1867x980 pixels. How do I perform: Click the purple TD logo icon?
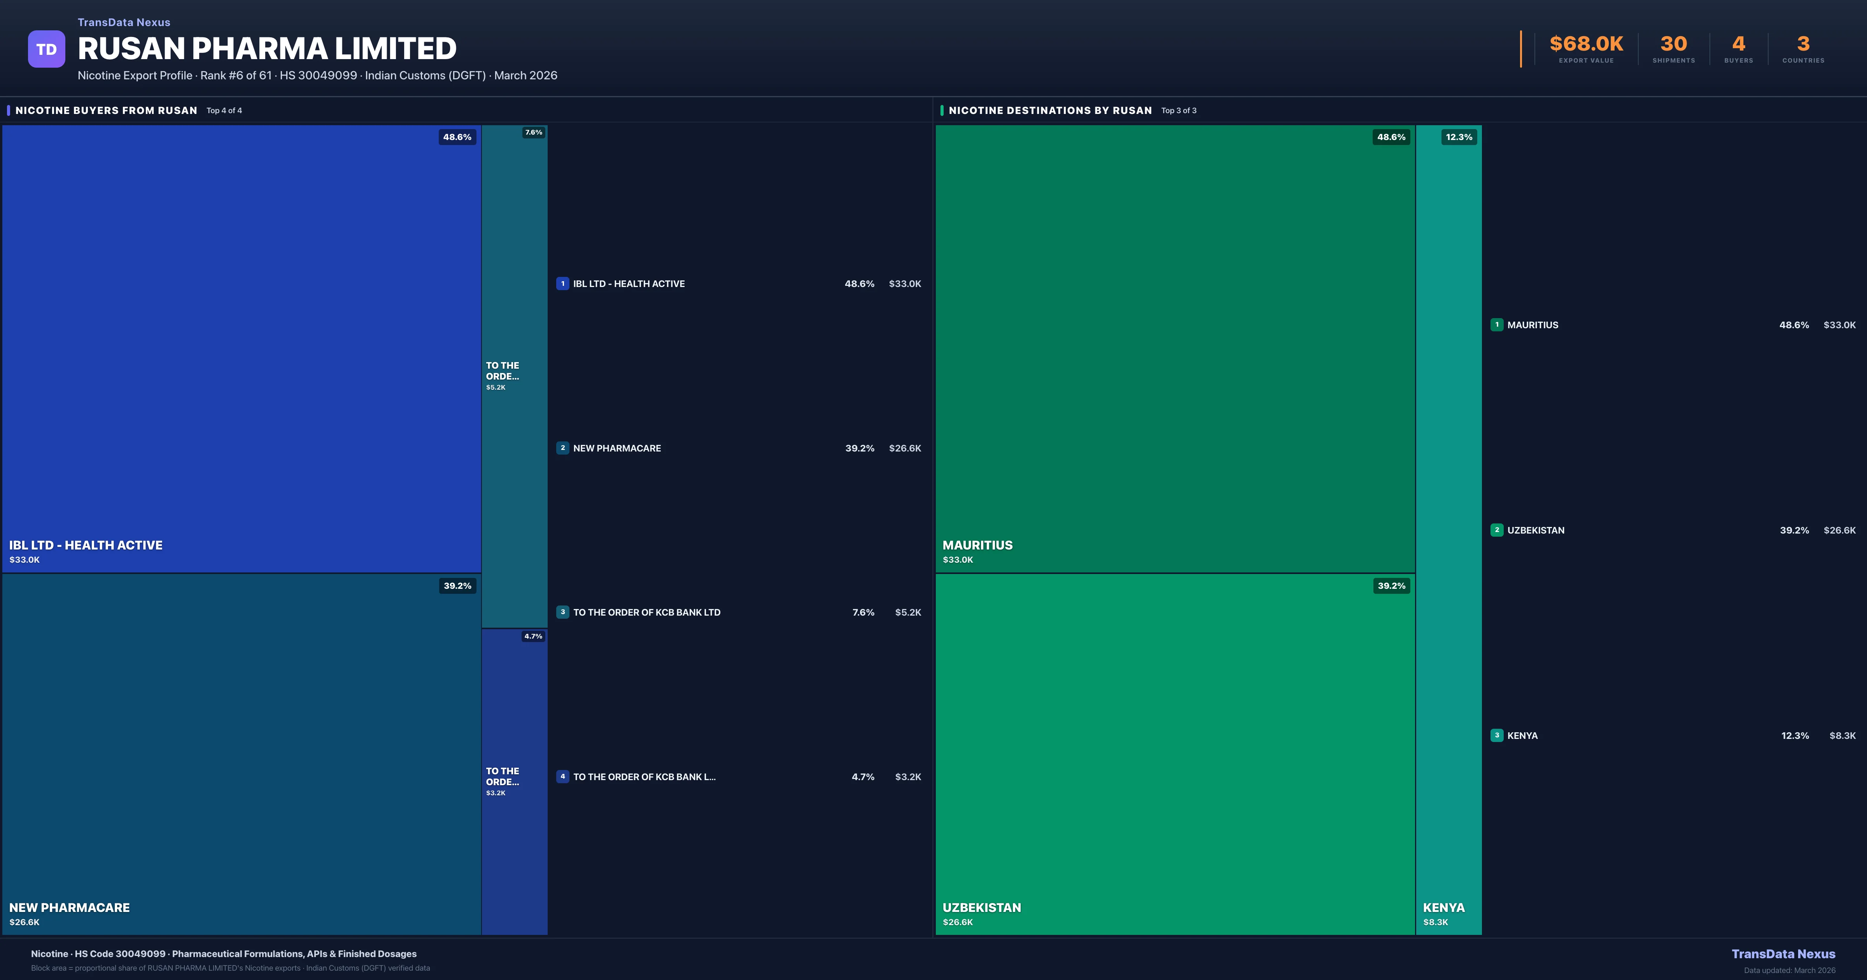(46, 49)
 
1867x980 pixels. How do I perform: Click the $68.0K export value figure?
(1586, 44)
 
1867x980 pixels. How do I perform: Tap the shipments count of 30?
(1673, 44)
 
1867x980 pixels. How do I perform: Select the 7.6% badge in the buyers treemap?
(533, 133)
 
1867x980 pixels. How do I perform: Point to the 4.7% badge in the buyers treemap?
(533, 637)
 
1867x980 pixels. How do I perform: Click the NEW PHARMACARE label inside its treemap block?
(70, 908)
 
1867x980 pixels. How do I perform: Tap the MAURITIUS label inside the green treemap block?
(977, 545)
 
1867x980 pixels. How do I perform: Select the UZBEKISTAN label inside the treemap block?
(981, 908)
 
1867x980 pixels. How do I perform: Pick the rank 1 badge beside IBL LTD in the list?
(562, 283)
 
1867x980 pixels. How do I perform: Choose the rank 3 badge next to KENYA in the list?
(1497, 735)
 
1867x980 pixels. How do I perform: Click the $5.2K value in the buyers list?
(907, 612)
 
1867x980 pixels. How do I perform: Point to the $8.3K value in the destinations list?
(1842, 736)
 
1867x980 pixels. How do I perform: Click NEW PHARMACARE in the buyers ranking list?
(617, 448)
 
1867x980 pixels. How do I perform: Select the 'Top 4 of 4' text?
(224, 111)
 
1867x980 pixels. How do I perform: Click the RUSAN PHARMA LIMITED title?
(267, 49)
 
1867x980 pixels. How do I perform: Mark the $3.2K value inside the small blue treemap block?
(496, 793)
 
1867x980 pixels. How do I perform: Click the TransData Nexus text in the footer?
(1783, 954)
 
